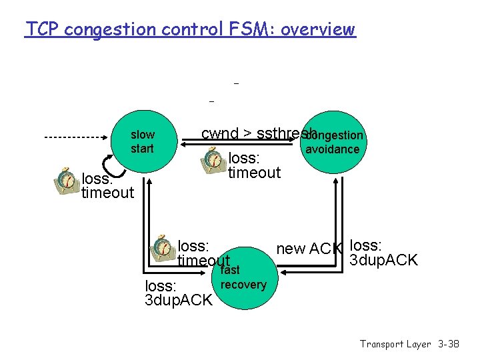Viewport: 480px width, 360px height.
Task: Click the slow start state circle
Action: pos(142,142)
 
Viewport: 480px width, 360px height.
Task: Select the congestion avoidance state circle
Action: pos(331,142)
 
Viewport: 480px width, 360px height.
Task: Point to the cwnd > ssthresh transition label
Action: pos(257,133)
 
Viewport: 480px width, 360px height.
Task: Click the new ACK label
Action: pos(309,249)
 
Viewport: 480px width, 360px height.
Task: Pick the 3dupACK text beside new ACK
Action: pos(384,260)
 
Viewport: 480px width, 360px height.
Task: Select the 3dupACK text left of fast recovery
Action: pos(178,300)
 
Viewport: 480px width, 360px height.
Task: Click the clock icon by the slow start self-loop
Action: pos(66,181)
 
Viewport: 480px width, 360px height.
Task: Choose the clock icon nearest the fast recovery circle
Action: pos(161,247)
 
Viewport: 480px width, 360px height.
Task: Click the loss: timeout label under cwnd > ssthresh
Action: pos(254,166)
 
